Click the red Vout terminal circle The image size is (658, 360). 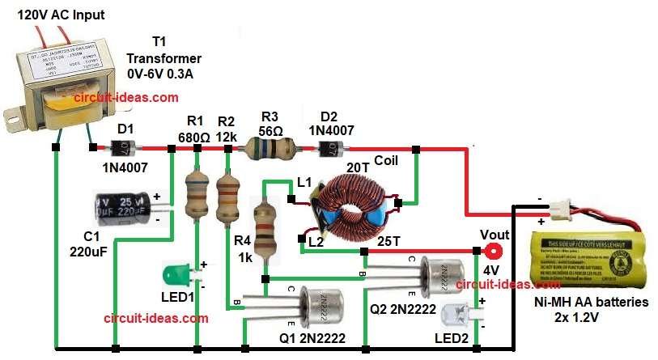click(490, 251)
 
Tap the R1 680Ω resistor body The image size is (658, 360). click(197, 195)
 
